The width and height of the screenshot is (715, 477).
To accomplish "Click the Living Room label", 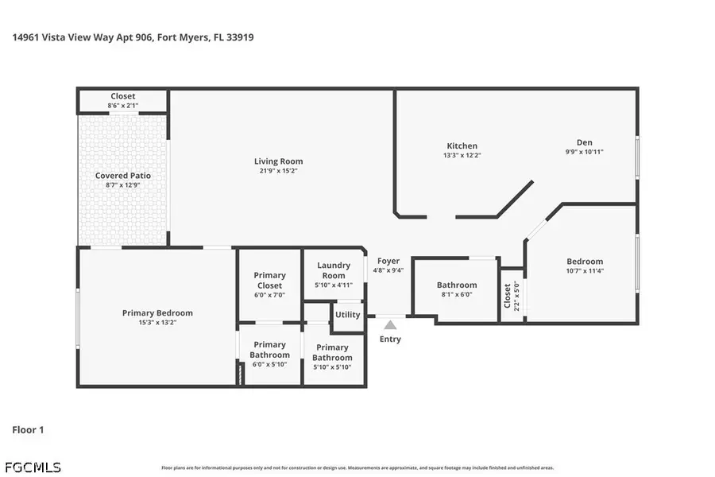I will pos(278,161).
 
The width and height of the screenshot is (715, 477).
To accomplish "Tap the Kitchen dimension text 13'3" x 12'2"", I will pos(462,156).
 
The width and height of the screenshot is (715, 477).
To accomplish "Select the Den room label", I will pos(584,142).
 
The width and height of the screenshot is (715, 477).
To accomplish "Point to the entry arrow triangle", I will pos(389,324).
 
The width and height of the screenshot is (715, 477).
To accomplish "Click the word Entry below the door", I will pos(390,339).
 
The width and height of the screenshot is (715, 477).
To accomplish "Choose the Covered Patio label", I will pos(123,176).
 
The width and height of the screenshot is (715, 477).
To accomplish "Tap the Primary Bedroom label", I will pos(157,313).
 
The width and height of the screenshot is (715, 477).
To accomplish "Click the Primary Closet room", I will pos(269,285).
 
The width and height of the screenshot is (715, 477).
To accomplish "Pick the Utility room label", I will pos(347,315).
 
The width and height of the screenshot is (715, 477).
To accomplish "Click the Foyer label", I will pos(388,261).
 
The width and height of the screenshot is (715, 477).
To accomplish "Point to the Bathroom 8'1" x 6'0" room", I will pos(457,289).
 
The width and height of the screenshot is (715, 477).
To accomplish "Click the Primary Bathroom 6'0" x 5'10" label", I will pos(269,354).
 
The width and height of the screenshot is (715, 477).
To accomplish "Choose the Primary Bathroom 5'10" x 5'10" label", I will pos(332,352).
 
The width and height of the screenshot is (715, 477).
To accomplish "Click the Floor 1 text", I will pos(28,430).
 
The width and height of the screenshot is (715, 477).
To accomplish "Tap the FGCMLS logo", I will pos(32,467).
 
